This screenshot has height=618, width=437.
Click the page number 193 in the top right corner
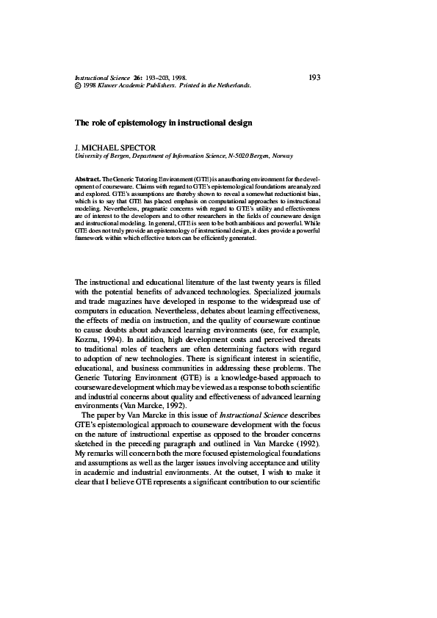(314, 76)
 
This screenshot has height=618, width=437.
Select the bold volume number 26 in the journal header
(137, 77)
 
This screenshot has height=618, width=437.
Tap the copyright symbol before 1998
(79, 85)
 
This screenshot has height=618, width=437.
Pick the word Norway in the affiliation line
(283, 156)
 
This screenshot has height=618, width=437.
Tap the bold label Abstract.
(88, 179)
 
